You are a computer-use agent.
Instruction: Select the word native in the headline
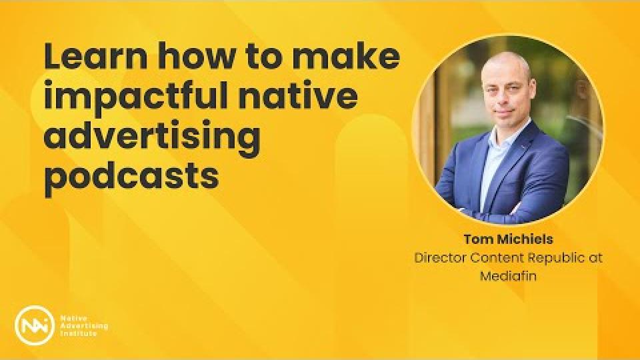pos(298,96)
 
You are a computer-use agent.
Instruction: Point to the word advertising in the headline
pos(152,136)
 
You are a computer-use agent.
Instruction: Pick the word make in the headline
pos(346,57)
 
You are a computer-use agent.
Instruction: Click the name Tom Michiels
pos(508,239)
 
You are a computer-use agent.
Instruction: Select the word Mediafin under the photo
pos(508,276)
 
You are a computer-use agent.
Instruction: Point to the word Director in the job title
pos(440,258)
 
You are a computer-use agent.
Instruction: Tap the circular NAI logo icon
pos(34,325)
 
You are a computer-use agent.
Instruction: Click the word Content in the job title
pos(496,258)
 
